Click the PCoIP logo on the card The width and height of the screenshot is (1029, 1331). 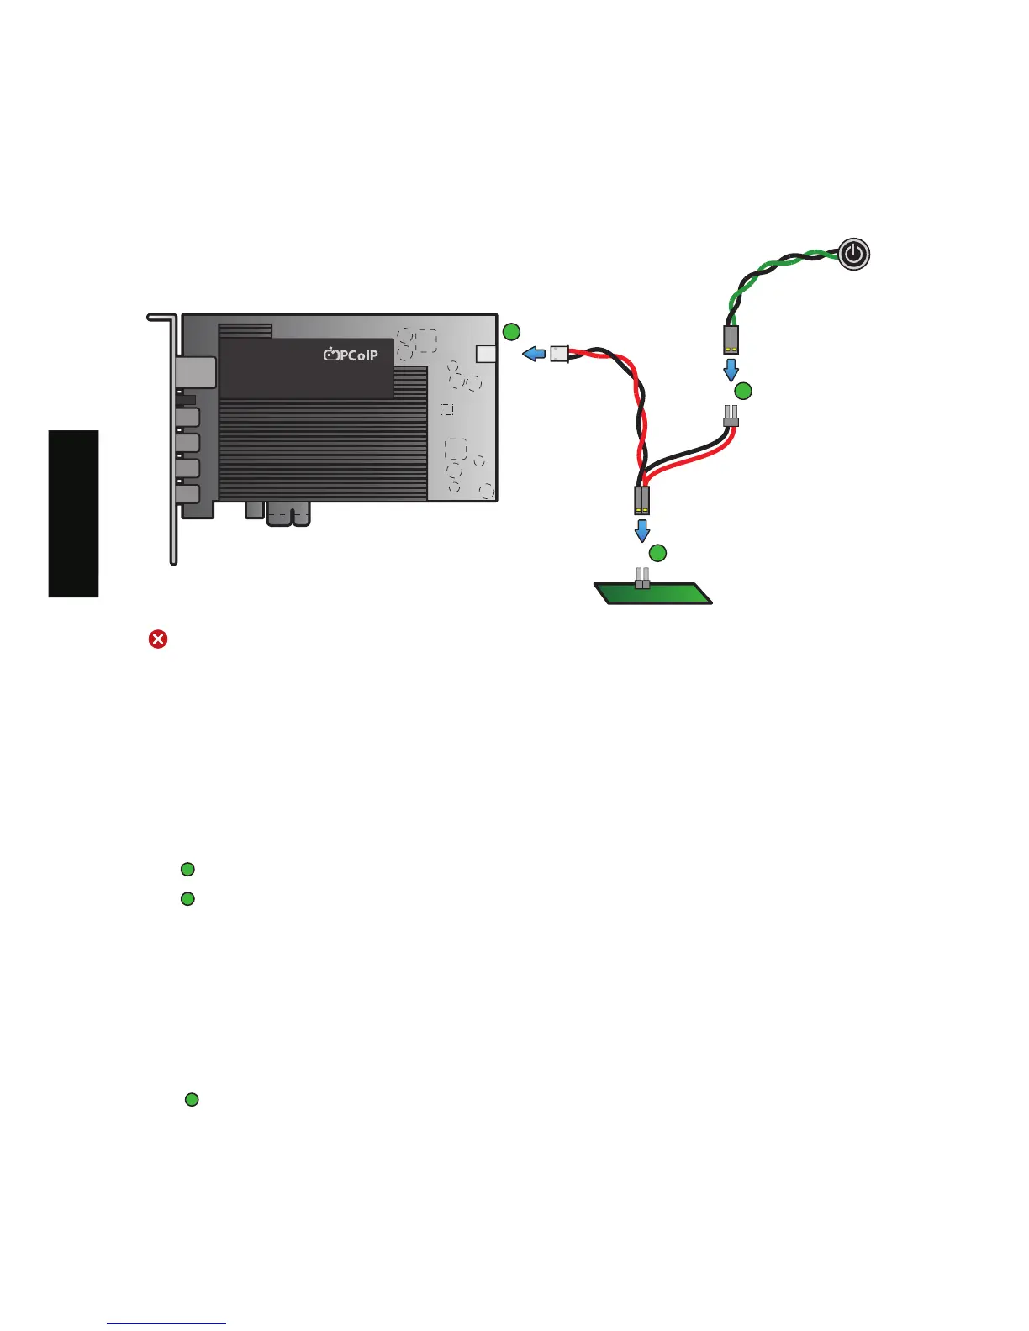[351, 355]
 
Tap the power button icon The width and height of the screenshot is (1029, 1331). [854, 253]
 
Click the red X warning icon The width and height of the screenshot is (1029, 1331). [157, 639]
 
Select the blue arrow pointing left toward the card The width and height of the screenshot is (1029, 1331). [533, 354]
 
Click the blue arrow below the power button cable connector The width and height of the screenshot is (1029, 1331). [731, 369]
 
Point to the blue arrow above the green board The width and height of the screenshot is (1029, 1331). [641, 530]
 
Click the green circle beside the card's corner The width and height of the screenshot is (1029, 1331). [510, 332]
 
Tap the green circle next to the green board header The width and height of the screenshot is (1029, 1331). [657, 552]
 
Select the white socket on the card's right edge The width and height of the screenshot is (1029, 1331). [486, 353]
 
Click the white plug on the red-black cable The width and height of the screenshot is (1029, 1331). [560, 354]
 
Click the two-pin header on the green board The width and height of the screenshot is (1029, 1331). [642, 578]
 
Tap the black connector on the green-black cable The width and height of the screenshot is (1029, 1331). [731, 339]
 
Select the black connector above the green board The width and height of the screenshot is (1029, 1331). [641, 501]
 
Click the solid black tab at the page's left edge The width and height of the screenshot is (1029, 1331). [74, 513]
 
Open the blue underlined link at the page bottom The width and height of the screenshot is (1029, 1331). [166, 1323]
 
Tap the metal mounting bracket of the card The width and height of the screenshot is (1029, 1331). [173, 437]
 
